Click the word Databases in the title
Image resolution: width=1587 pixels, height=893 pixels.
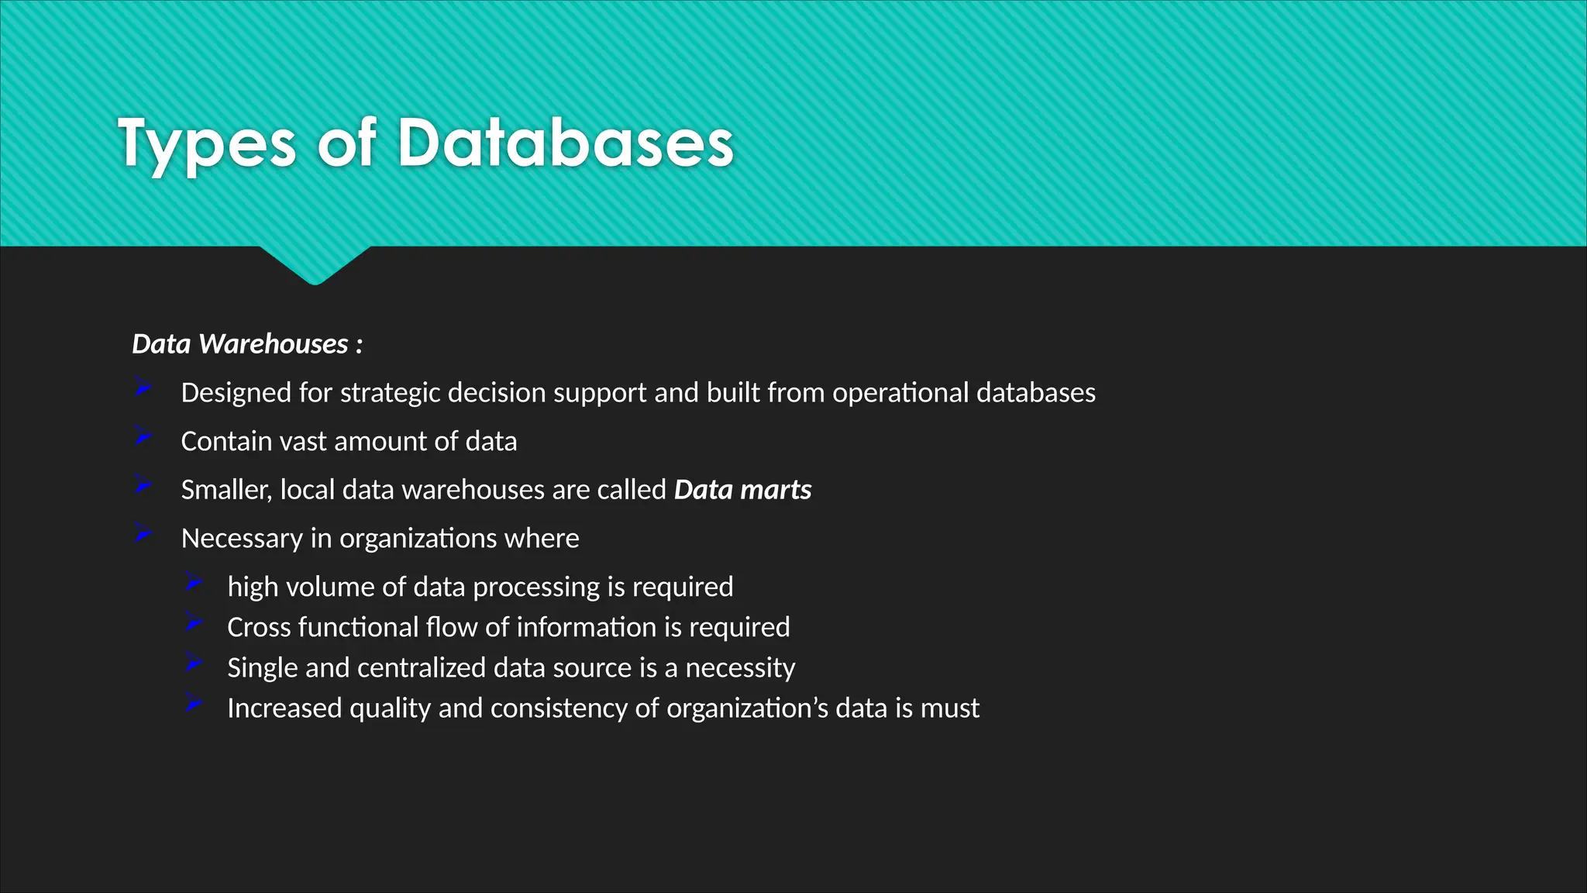[565, 143]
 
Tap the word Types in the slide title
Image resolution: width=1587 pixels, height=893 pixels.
[207, 143]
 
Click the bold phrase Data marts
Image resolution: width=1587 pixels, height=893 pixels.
[742, 490]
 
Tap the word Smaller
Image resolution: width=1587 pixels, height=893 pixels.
[225, 490]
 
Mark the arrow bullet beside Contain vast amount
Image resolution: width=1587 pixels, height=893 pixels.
[143, 436]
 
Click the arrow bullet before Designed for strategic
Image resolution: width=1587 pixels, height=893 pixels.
[143, 388]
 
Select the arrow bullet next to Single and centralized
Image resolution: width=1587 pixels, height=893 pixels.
[194, 663]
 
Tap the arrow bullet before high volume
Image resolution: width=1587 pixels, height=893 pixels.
[194, 581]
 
